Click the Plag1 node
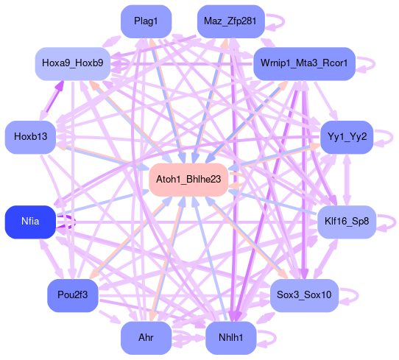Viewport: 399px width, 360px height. coord(146,21)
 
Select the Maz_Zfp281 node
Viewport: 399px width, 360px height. coord(230,21)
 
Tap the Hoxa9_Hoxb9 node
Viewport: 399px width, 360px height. coord(73,64)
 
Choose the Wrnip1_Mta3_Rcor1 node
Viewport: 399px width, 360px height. coord(304,64)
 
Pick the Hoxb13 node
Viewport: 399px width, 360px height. coord(30,137)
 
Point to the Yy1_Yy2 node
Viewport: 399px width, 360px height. coord(347,137)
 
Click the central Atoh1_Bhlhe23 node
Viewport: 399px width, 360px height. coord(188,180)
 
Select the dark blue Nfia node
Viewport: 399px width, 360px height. coord(30,222)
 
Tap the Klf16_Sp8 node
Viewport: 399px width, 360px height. coord(347,222)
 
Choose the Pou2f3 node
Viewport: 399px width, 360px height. coord(73,295)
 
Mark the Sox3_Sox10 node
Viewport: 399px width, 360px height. coord(304,295)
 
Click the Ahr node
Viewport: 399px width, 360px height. coord(146,338)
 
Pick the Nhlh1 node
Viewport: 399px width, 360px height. coord(230,338)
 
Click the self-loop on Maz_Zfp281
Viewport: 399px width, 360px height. coord(283,21)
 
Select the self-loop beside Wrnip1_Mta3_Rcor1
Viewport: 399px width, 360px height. coord(374,64)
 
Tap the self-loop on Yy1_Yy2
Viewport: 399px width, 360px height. coord(392,137)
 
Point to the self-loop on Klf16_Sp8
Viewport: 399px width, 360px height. coord(395,222)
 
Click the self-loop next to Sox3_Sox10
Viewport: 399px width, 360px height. coord(358,295)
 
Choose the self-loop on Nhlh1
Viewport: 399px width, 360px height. coord(275,338)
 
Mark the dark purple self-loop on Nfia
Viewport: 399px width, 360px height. coord(75,222)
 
